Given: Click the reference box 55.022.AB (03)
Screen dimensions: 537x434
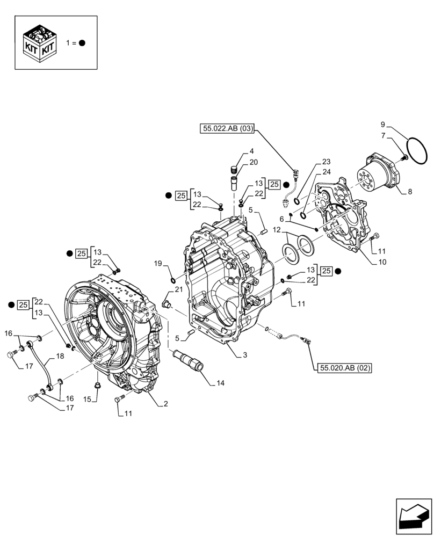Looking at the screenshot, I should point(228,128).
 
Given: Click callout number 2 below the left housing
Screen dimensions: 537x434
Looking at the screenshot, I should point(165,404).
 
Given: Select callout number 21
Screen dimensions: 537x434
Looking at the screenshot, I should point(179,289).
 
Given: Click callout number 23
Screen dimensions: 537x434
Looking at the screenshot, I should point(326,161).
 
